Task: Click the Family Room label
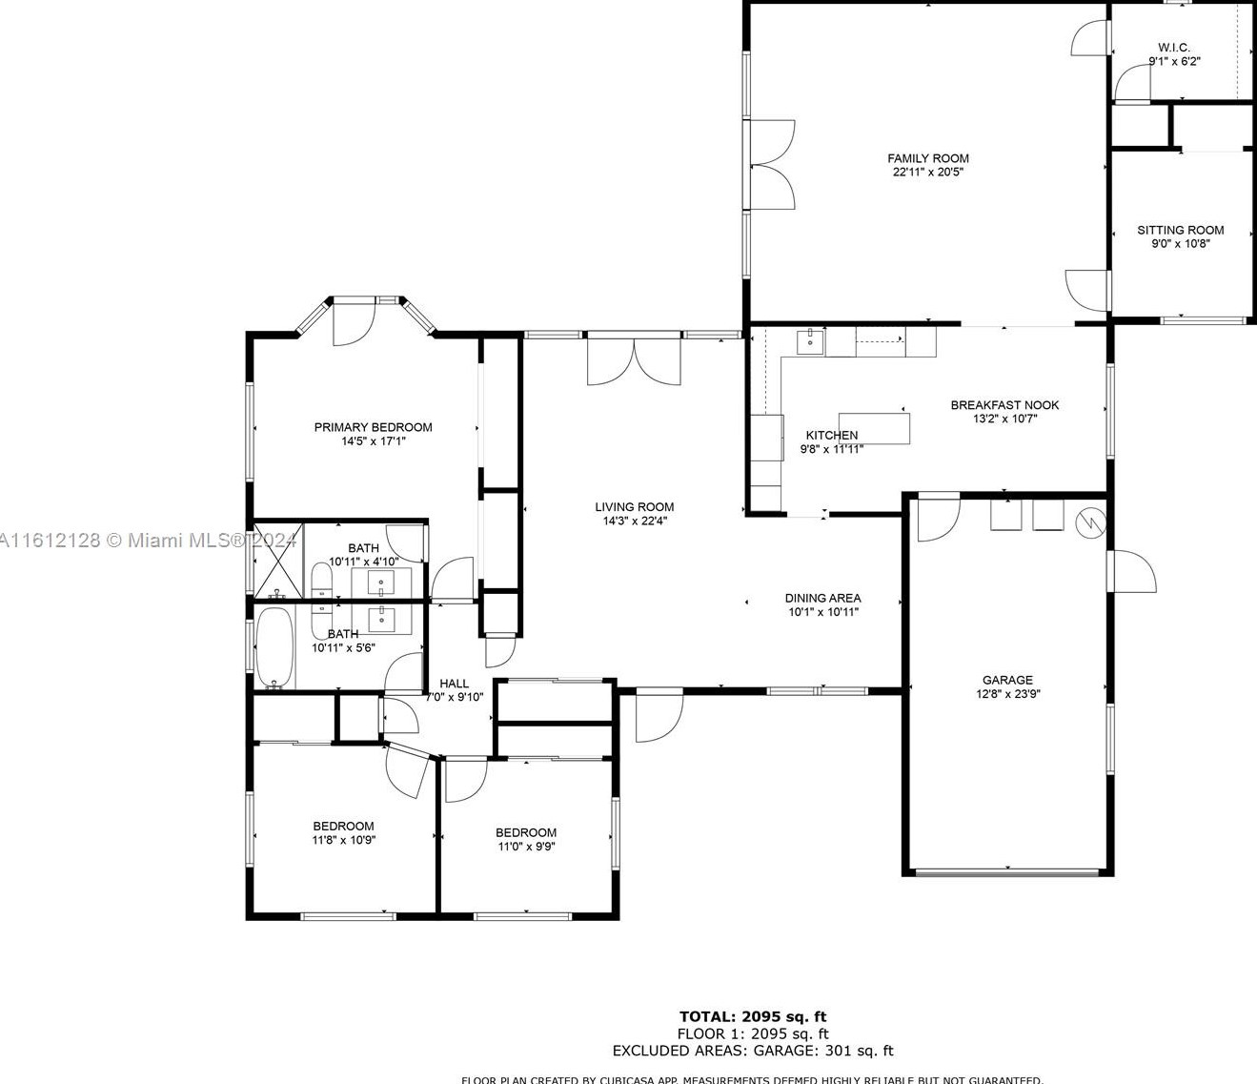click(x=927, y=158)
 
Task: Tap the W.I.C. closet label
click(x=1173, y=48)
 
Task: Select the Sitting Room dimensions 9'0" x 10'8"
click(x=1180, y=244)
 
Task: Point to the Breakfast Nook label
click(x=1004, y=405)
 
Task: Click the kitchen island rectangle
click(x=874, y=428)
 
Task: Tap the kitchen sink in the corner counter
click(x=810, y=341)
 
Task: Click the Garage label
click(x=1007, y=680)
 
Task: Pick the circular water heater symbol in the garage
click(x=1088, y=522)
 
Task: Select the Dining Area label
click(x=822, y=598)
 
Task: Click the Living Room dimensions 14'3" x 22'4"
click(x=634, y=522)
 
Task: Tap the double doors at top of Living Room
click(x=634, y=362)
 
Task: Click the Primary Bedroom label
click(x=373, y=427)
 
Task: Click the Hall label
click(x=454, y=683)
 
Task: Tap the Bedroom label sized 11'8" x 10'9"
click(x=343, y=826)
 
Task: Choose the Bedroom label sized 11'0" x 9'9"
click(x=525, y=832)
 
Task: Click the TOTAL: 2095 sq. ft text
click(x=752, y=1016)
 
